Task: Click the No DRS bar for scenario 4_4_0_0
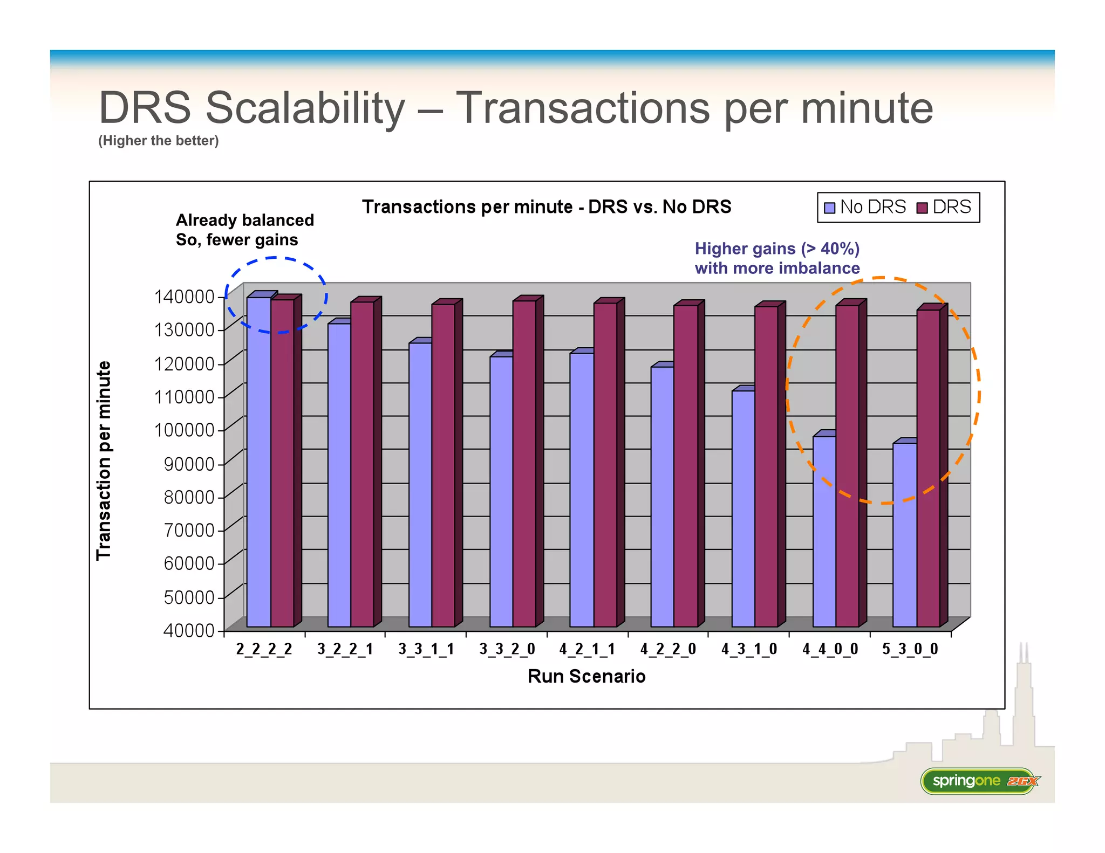pyautogui.click(x=824, y=531)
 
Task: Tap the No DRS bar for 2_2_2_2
pyautogui.click(x=258, y=462)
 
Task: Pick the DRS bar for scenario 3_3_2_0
pyautogui.click(x=524, y=464)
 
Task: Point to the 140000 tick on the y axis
pyautogui.click(x=185, y=297)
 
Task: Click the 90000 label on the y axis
pyautogui.click(x=189, y=464)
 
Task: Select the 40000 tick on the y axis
pyautogui.click(x=189, y=630)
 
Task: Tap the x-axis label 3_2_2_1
pyautogui.click(x=345, y=649)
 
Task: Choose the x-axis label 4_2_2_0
pyautogui.click(x=668, y=649)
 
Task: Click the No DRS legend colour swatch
pyautogui.click(x=830, y=208)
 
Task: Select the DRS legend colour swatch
pyautogui.click(x=922, y=208)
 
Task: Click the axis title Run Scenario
pyautogui.click(x=586, y=676)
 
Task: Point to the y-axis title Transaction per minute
pyautogui.click(x=103, y=460)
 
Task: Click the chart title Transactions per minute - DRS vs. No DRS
pyautogui.click(x=546, y=207)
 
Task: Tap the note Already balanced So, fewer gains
pyautogui.click(x=244, y=230)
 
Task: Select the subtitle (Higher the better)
pyautogui.click(x=158, y=141)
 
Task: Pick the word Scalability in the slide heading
pyautogui.click(x=305, y=107)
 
